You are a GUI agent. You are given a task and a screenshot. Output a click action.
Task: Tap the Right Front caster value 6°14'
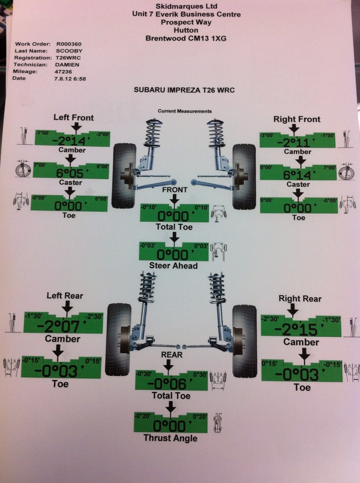click(300, 175)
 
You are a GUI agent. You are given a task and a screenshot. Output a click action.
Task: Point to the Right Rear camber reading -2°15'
click(302, 328)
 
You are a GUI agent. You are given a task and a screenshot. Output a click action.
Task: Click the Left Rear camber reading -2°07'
click(63, 326)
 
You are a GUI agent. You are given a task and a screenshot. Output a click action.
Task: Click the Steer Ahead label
click(173, 266)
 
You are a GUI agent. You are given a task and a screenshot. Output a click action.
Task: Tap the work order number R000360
click(69, 43)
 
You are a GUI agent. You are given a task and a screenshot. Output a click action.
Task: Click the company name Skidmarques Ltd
click(186, 7)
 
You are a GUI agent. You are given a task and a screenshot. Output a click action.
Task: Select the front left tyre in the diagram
click(124, 176)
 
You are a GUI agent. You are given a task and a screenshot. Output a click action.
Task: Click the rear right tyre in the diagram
click(244, 341)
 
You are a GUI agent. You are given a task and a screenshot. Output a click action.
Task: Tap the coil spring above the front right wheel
click(216, 133)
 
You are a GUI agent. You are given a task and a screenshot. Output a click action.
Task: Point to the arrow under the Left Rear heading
click(67, 308)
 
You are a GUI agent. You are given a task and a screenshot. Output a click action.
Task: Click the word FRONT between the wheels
click(174, 190)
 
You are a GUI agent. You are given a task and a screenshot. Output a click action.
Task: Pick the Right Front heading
click(297, 119)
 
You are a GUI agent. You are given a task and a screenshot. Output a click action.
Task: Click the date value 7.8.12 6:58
click(71, 78)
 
